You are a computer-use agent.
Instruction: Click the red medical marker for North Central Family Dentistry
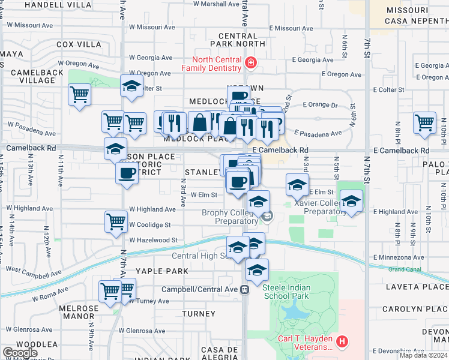coord(250,62)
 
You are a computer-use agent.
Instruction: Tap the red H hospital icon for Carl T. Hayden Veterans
coord(342,342)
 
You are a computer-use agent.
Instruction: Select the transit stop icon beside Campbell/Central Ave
coord(244,289)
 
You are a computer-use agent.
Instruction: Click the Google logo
coord(20,353)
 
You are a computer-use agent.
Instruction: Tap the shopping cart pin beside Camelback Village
coord(80,95)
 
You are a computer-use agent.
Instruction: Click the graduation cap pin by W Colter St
coord(131,86)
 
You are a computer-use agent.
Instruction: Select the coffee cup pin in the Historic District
coord(127,173)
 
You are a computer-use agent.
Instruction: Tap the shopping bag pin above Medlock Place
coord(199,122)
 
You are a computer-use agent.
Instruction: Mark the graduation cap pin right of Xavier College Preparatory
coord(352,200)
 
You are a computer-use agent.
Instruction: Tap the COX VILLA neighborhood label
coord(79,44)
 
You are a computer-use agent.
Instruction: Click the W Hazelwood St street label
coord(153,239)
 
